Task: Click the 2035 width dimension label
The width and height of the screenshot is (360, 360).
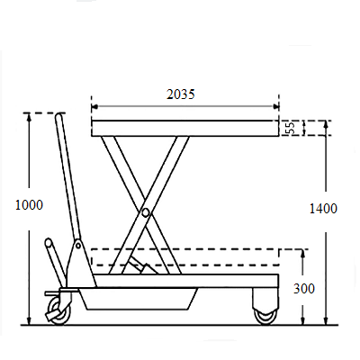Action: tap(181, 94)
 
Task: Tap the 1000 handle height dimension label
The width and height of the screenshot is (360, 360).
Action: tap(29, 205)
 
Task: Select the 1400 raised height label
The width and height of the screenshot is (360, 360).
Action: tap(323, 209)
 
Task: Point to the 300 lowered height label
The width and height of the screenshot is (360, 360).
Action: tap(304, 289)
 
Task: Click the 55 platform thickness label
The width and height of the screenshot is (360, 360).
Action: tap(290, 128)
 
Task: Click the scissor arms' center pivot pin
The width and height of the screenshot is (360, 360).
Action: tap(146, 212)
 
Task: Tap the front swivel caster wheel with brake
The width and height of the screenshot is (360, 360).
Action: tap(59, 310)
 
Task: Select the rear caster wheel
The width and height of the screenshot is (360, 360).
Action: tap(265, 316)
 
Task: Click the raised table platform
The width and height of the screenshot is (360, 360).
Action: tap(185, 129)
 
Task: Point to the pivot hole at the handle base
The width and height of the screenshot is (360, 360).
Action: tap(78, 246)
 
